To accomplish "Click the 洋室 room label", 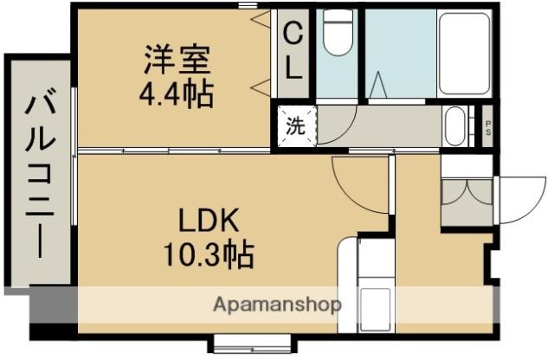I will point(177,62).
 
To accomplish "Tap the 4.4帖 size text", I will point(177,93).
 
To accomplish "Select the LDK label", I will point(209,222).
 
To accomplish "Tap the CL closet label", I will point(293,54).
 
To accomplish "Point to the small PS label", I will point(488,127).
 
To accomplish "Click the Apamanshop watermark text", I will point(277,305).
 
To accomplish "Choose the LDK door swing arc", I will point(351,181).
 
